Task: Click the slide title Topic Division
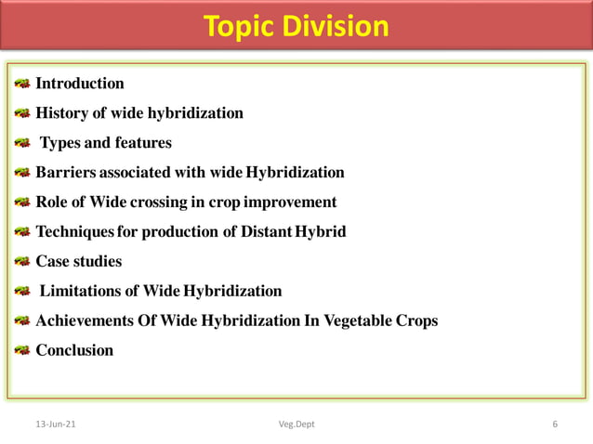point(296,26)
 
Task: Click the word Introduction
point(80,84)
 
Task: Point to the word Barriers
point(65,173)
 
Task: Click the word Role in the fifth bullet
point(53,202)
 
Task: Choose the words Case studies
point(79,262)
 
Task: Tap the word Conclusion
point(74,351)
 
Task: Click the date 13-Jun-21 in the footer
point(56,424)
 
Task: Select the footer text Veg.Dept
point(296,424)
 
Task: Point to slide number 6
point(555,424)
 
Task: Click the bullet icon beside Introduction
point(21,85)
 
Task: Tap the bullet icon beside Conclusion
point(21,351)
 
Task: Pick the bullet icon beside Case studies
point(21,262)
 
